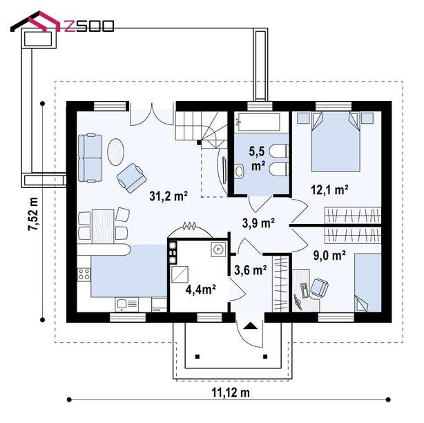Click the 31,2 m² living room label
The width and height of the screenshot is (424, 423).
[168, 196]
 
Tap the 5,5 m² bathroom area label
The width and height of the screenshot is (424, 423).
[258, 158]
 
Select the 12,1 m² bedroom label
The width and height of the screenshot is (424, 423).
[329, 189]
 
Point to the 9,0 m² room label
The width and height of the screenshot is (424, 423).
[329, 255]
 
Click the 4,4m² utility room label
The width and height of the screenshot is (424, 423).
[200, 289]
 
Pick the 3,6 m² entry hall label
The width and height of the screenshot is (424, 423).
[251, 270]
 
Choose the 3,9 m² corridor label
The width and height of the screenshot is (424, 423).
[258, 223]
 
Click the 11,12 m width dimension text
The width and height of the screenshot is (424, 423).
[231, 393]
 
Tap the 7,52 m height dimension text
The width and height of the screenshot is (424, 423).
[33, 214]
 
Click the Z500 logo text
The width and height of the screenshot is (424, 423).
[89, 26]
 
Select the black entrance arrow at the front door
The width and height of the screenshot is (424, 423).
[251, 326]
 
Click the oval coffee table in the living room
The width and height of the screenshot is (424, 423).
[116, 152]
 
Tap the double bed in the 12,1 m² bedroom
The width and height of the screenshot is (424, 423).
[336, 141]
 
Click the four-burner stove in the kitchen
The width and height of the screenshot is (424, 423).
[84, 274]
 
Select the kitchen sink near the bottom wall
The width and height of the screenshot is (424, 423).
[127, 304]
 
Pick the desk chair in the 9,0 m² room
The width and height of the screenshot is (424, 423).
[319, 288]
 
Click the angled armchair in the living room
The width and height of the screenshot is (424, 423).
[132, 178]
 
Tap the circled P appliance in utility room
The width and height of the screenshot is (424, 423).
[218, 249]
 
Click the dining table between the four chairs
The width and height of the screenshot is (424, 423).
[103, 226]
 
